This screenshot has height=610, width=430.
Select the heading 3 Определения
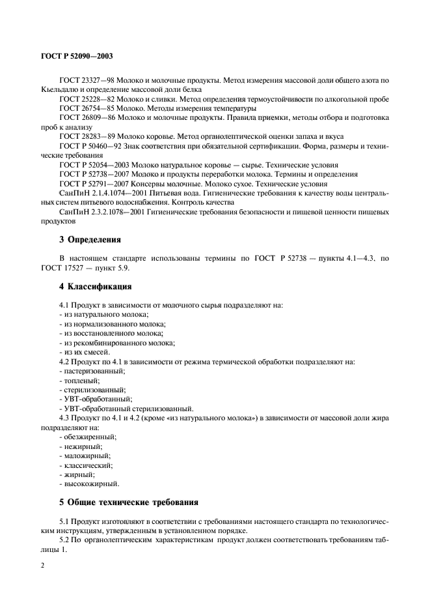tap(90, 239)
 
